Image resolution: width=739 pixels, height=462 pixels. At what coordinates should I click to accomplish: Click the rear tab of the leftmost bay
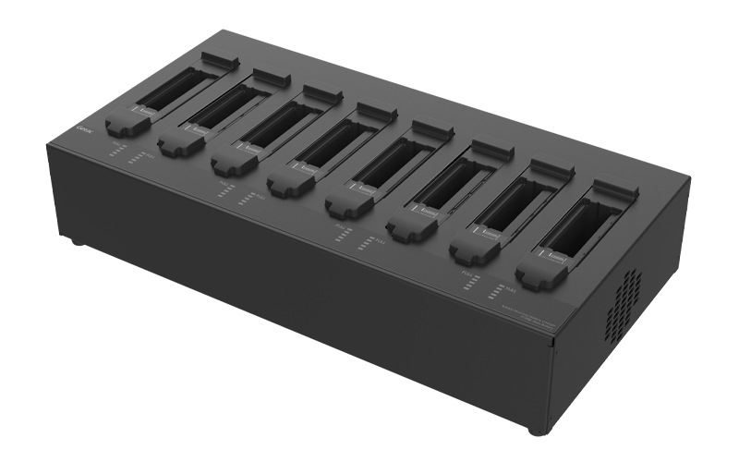pyautogui.click(x=220, y=62)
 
